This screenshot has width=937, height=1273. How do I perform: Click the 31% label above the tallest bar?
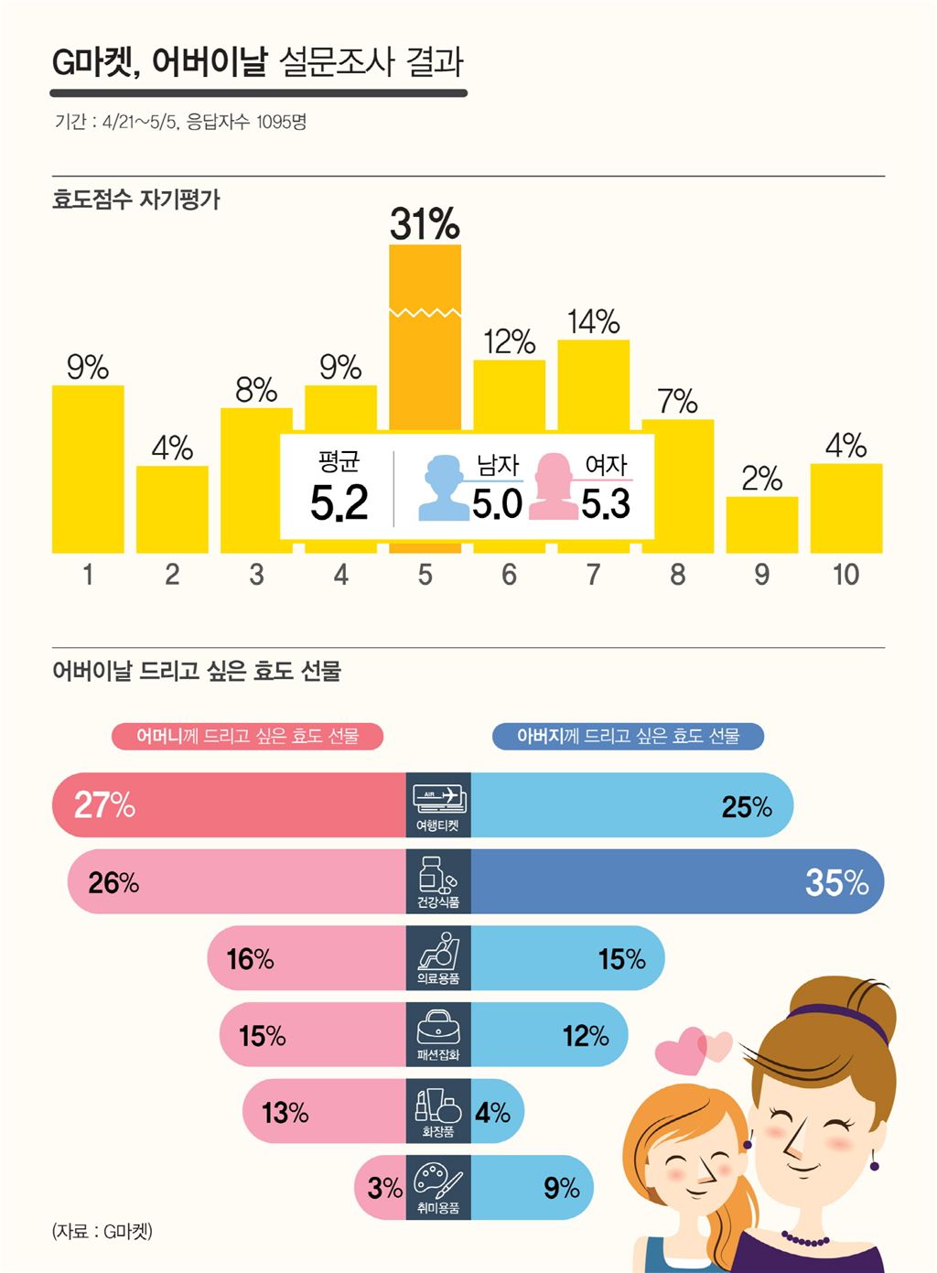pos(425,224)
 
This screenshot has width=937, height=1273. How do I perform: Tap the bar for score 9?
pos(761,524)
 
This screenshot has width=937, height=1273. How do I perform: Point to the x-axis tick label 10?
pos(845,575)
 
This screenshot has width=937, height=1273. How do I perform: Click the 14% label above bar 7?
pos(593,322)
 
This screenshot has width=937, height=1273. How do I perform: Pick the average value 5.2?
pos(339,503)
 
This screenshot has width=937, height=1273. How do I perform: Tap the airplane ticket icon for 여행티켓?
pos(438,798)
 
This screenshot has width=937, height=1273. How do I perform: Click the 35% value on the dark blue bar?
pos(836,882)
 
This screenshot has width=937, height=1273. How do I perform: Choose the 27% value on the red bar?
pos(104,805)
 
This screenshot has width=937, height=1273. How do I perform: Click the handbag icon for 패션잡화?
pos(438,1028)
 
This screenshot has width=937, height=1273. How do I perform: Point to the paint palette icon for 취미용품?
pos(438,1181)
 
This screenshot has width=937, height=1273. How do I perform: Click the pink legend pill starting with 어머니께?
pos(247,737)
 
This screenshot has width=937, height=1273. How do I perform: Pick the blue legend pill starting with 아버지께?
pos(628,737)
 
